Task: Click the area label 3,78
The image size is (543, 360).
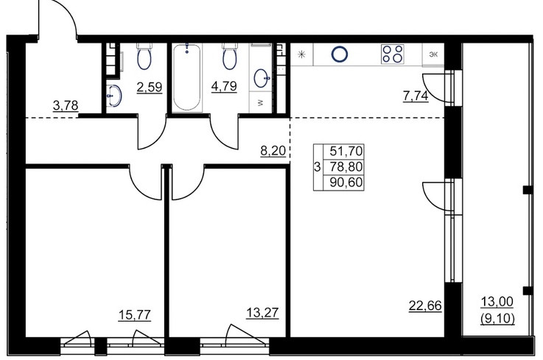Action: [66, 105]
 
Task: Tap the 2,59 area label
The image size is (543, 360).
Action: [150, 87]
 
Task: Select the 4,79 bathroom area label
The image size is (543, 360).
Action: [224, 85]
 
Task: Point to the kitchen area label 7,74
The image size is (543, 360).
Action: [416, 96]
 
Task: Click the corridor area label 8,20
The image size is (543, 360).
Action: [273, 151]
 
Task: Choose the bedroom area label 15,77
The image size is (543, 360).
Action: [135, 315]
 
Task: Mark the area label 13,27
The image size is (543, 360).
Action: [262, 313]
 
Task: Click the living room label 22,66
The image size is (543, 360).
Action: [425, 306]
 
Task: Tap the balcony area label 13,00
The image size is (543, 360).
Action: [497, 302]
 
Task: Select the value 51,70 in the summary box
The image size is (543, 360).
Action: [346, 151]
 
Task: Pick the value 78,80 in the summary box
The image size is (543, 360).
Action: [346, 167]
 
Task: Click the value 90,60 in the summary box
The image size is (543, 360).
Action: [346, 182]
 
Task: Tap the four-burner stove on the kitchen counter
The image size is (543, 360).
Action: [393, 54]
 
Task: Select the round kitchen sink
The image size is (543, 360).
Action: [340, 54]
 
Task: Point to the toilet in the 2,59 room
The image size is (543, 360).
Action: [144, 56]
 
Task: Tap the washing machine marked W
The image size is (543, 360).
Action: [260, 102]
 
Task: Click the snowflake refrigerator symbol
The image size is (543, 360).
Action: [302, 54]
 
